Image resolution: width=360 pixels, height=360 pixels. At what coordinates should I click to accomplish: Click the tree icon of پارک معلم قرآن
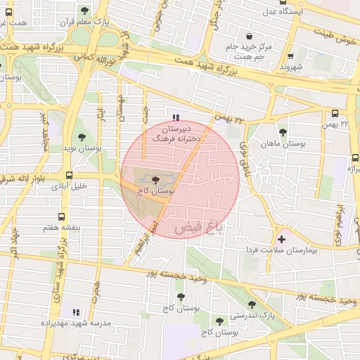pos(85,11)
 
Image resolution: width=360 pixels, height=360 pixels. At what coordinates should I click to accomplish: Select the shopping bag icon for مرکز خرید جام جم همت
pos(249,37)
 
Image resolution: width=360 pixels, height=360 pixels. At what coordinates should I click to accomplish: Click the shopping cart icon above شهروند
pos(291,56)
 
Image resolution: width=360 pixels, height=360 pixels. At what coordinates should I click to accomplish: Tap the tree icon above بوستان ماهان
pos(283,132)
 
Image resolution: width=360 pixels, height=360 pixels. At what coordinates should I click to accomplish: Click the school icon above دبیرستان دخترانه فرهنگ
pos(175,117)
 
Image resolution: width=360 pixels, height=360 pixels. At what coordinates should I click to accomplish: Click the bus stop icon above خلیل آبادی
pos(69,175)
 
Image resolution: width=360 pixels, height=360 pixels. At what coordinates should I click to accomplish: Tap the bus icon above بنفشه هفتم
pos(62,217)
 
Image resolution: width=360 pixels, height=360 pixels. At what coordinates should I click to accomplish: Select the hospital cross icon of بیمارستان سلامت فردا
pos(282,239)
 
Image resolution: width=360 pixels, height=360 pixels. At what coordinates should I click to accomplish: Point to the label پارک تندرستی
pos(252,315)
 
